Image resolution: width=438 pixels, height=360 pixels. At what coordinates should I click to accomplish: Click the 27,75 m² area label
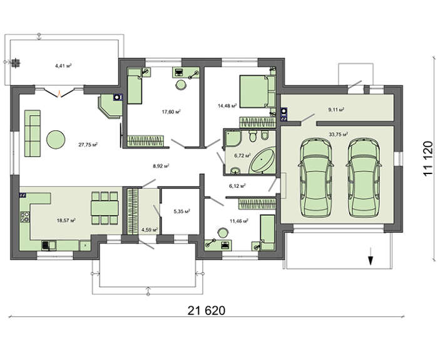coord(88,145)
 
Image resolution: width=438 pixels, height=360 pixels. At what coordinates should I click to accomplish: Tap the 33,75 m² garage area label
coord(339,134)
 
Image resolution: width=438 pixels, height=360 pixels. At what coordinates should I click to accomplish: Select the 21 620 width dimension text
coord(206,311)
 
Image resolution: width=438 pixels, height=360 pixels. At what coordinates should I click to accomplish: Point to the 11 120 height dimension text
coord(427,159)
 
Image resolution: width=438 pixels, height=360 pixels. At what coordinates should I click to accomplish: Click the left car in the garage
coord(315,177)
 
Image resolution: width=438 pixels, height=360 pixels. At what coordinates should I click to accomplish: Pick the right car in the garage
coord(364,177)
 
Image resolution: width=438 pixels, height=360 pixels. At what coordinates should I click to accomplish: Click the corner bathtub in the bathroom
coord(263,162)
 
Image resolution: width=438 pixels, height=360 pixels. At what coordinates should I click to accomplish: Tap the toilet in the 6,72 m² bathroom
coord(253,136)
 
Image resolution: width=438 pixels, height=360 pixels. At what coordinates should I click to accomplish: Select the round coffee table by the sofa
coord(56,139)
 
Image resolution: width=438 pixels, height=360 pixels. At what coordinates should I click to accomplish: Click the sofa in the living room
coord(33,133)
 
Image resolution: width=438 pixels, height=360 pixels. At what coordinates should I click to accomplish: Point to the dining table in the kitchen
coord(104,208)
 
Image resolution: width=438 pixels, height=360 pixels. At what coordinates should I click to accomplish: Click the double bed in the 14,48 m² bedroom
coord(257,91)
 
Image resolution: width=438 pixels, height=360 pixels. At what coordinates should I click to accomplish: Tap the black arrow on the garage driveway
coord(370,255)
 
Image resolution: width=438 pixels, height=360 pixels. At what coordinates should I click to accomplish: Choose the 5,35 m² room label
coord(182,212)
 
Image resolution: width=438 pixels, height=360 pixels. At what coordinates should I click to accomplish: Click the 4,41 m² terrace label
coord(63,66)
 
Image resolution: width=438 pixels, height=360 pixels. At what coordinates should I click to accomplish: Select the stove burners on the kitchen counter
coord(25,217)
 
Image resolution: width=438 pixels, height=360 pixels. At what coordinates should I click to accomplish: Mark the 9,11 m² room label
coord(336,110)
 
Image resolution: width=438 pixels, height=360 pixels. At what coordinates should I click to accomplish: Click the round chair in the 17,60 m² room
coord(181,85)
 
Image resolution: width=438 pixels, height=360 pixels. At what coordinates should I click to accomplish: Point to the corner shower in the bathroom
coord(232,138)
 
